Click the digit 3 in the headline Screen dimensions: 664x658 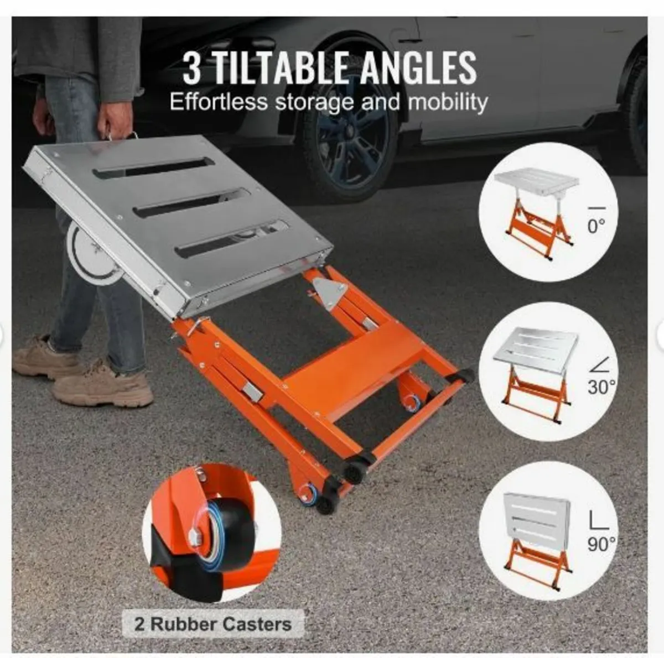pos(191,68)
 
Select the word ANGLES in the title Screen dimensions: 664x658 pos(413,68)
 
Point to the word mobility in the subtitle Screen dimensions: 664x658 pos(448,103)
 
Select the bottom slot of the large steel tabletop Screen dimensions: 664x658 pos(232,238)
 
